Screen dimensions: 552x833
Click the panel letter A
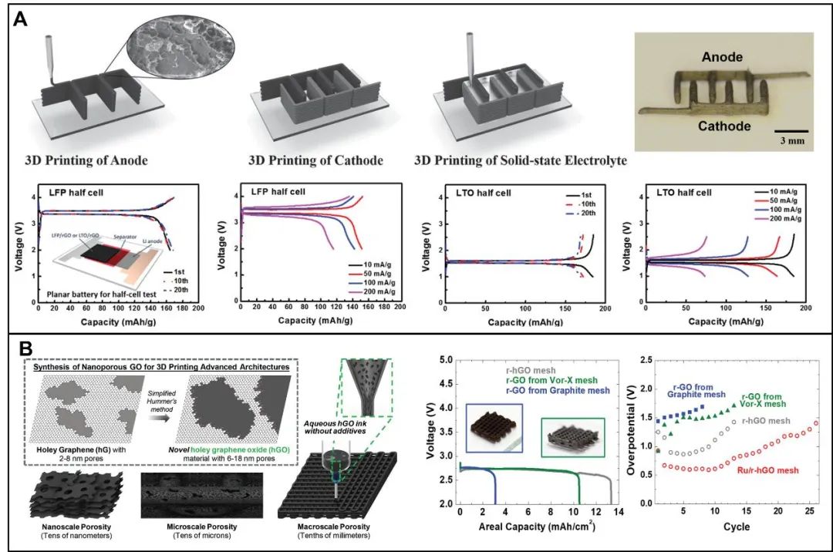point(22,19)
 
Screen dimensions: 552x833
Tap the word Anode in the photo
point(723,56)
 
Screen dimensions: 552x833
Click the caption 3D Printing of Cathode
point(317,160)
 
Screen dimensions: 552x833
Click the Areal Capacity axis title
point(537,529)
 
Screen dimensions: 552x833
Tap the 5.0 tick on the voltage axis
point(443,360)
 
